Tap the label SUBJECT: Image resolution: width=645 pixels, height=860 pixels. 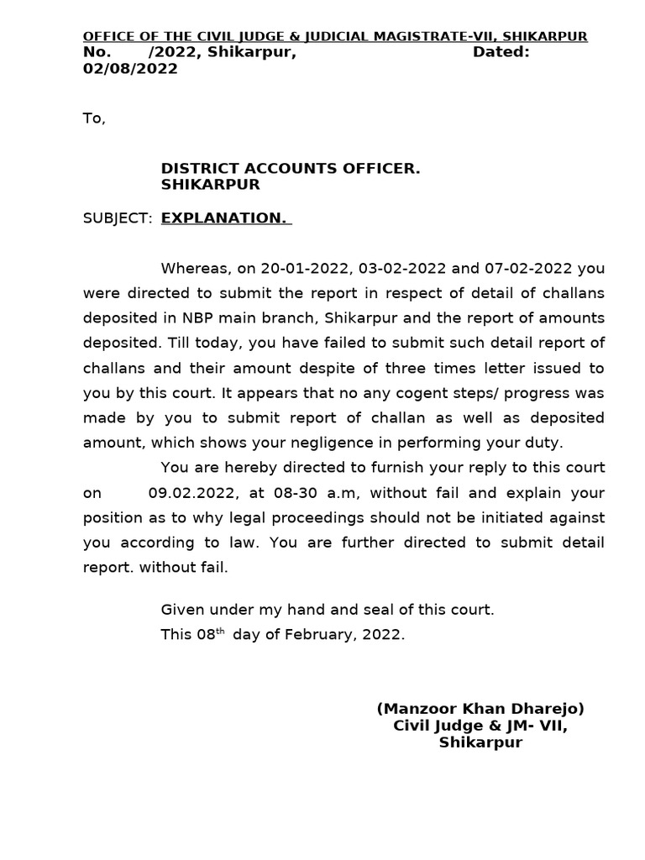tap(118, 218)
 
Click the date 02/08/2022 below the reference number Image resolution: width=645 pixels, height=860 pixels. tap(130, 69)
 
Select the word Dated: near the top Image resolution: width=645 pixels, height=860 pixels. tap(501, 52)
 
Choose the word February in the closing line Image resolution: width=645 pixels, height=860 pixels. tap(315, 635)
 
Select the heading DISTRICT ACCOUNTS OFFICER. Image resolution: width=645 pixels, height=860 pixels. tap(291, 169)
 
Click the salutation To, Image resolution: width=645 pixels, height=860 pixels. tap(94, 118)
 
